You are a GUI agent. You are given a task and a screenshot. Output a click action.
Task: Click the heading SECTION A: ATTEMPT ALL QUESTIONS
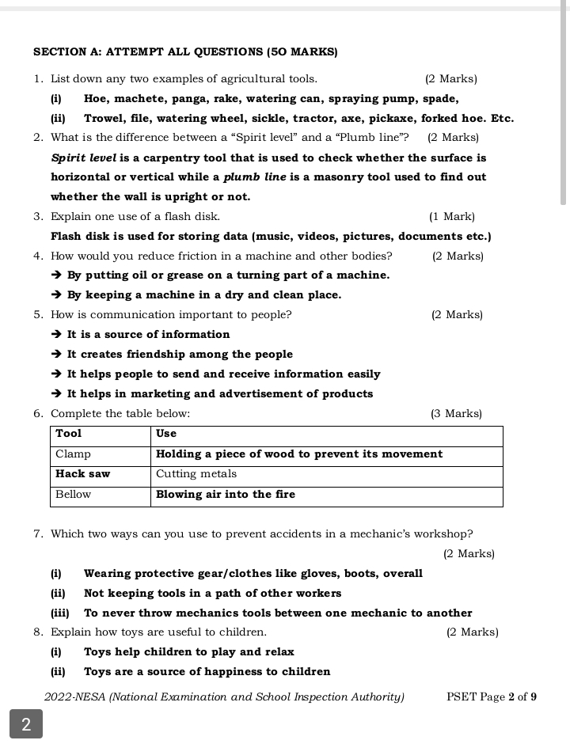[x=185, y=52]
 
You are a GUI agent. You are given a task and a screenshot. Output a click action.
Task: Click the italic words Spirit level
[x=84, y=158]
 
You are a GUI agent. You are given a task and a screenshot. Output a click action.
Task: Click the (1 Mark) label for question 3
[x=451, y=216]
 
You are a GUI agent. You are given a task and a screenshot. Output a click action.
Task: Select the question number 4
[x=38, y=256]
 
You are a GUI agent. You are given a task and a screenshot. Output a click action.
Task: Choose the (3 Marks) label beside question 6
[x=456, y=414]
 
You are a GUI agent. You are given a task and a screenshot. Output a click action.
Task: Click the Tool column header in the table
[x=69, y=434]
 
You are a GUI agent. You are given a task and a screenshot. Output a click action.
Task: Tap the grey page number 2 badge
[x=26, y=724]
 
